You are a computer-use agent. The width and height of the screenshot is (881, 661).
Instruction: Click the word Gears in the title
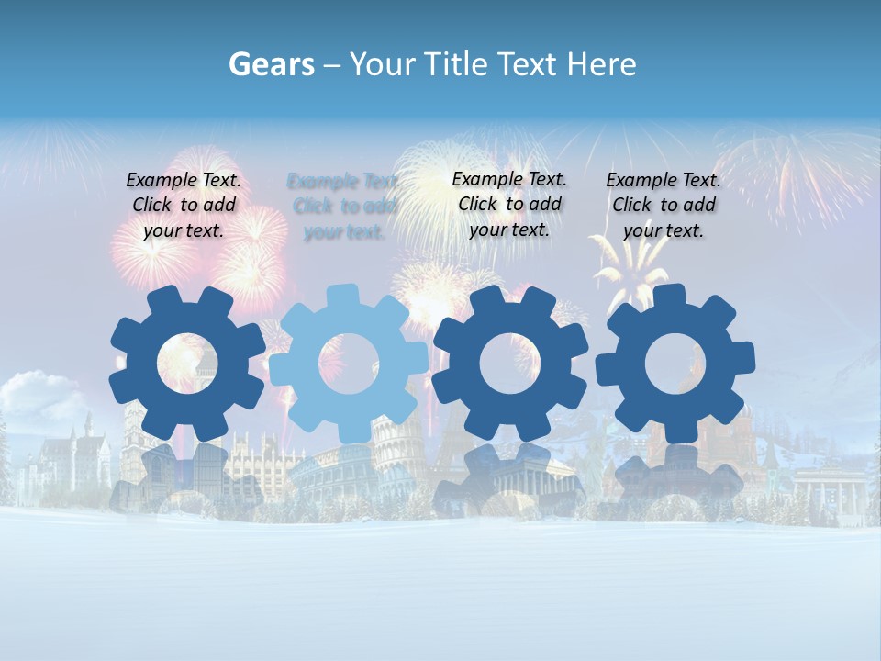coord(272,64)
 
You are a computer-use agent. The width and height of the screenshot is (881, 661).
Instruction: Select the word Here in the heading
coord(601,64)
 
